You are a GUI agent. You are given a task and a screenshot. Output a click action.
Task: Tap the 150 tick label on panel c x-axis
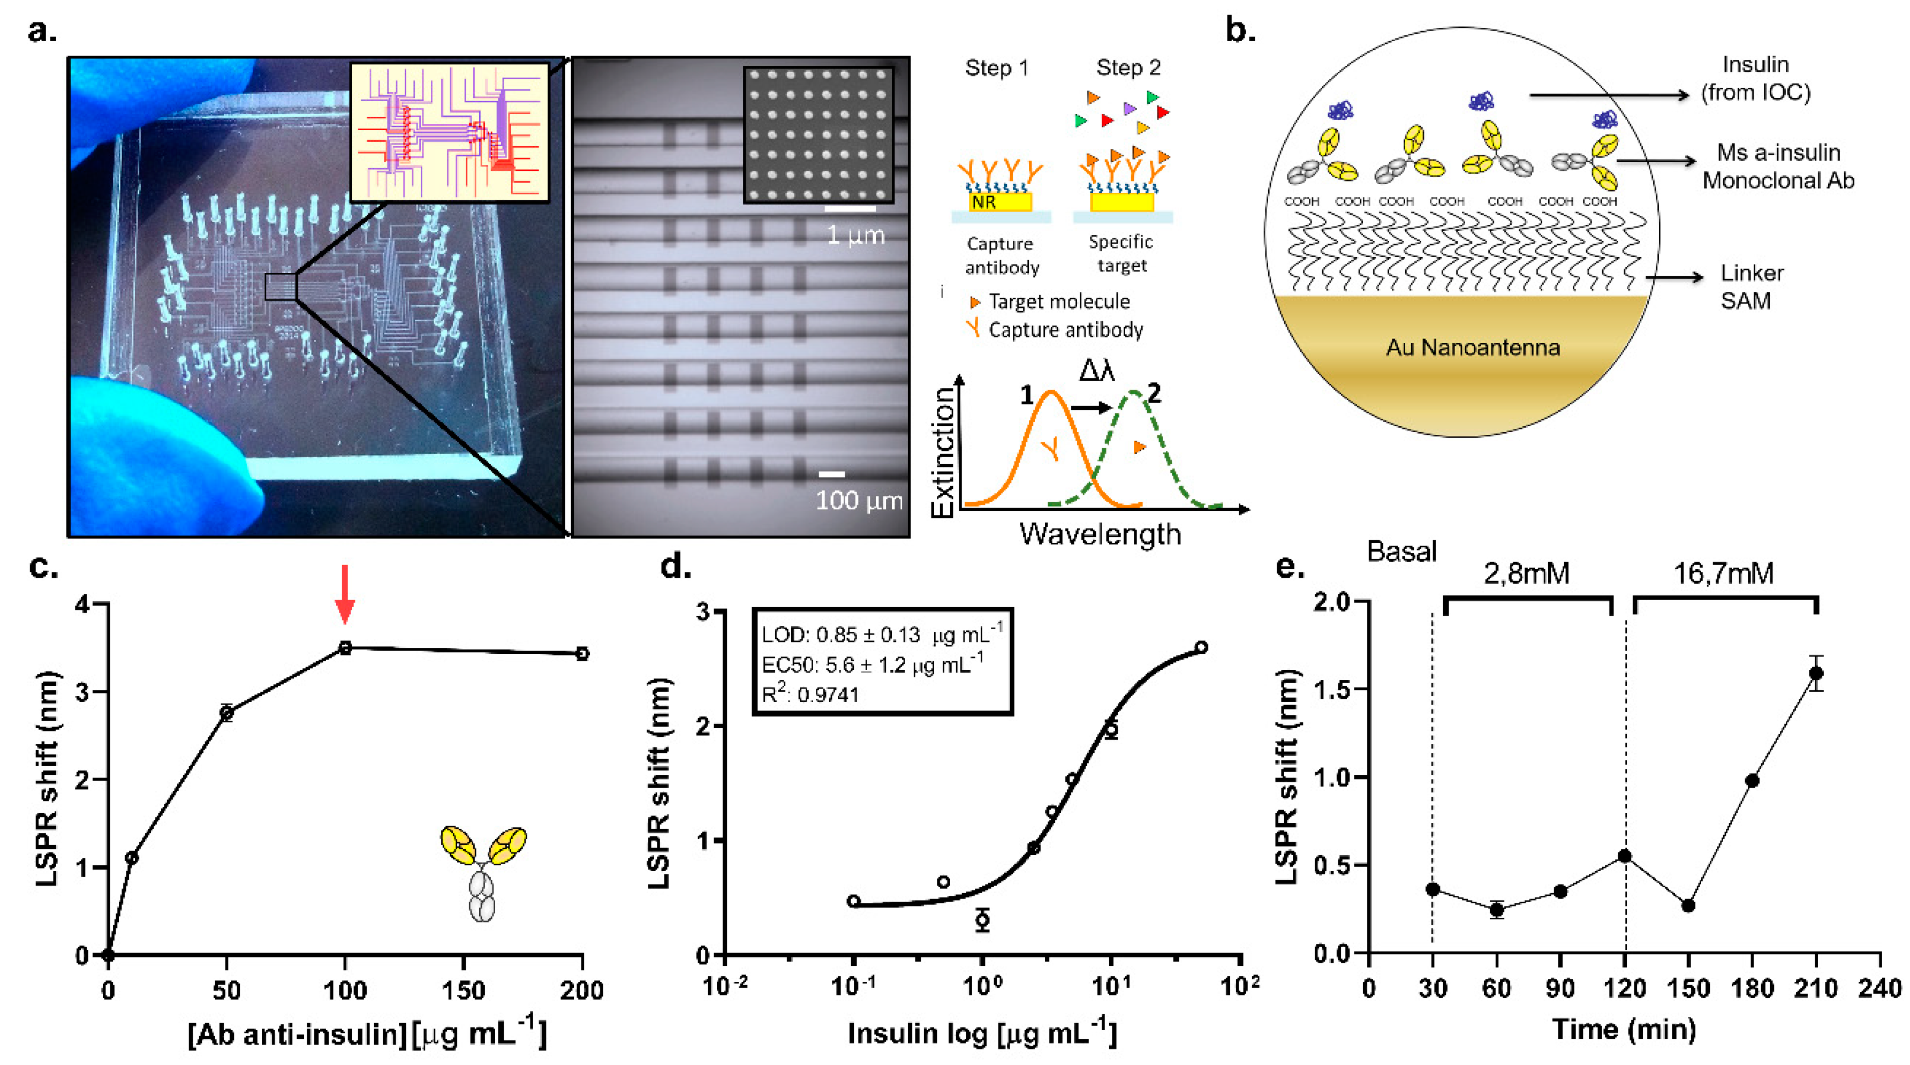click(x=464, y=990)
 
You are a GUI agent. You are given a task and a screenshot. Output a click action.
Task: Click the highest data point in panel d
click(x=1201, y=647)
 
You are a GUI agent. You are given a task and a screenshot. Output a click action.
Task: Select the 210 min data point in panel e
click(x=1816, y=673)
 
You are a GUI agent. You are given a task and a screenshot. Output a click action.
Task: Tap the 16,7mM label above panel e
click(x=1723, y=573)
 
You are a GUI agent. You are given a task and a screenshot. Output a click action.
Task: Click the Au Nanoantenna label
click(x=1473, y=347)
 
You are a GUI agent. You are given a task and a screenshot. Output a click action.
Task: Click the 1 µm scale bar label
click(x=855, y=235)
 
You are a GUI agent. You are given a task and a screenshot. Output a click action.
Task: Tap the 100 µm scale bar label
click(x=859, y=501)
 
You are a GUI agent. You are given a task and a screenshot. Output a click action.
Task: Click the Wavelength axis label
click(x=1100, y=534)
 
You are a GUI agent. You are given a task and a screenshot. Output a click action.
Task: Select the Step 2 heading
click(x=1128, y=67)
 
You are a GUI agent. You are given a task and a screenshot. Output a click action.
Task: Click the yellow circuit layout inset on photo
click(x=449, y=133)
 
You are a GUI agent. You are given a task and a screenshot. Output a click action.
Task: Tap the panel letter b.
click(x=1239, y=31)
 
